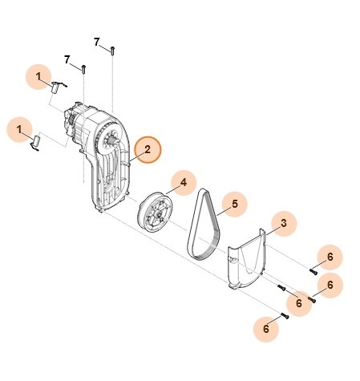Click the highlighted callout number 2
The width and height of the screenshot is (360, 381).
[148, 150]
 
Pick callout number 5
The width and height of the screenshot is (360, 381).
[234, 205]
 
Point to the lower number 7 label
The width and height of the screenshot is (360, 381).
[68, 60]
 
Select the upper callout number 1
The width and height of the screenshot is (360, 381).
[38, 76]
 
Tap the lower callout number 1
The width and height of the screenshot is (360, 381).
[22, 127]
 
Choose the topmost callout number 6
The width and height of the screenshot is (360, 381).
[329, 257]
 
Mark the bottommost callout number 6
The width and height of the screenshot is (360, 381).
[260, 327]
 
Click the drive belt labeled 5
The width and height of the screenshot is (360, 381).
[206, 225]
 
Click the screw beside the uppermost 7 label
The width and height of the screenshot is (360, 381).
[114, 50]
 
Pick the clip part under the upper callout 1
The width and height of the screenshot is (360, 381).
[58, 86]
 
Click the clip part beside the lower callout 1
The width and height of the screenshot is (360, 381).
[36, 142]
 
